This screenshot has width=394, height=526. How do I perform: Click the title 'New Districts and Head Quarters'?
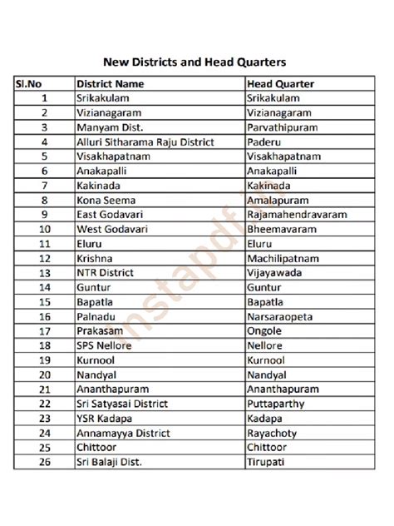click(195, 62)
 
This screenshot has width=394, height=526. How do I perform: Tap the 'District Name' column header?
click(110, 84)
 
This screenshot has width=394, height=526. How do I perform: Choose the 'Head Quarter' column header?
click(280, 84)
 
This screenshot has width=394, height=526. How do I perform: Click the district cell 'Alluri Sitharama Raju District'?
click(145, 142)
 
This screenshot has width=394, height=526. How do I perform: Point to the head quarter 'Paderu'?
click(264, 142)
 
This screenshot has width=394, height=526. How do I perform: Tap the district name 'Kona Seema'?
click(104, 201)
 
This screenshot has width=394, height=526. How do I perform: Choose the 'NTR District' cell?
click(106, 272)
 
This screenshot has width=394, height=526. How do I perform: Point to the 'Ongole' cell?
click(265, 330)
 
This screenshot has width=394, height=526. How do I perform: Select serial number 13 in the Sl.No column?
click(44, 272)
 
